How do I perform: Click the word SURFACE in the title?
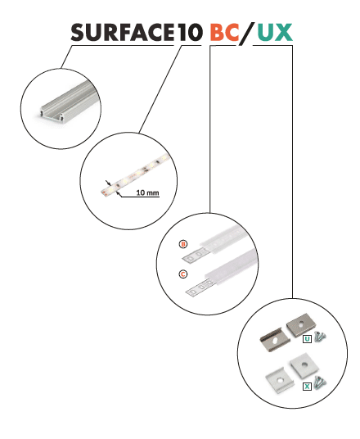click(122, 32)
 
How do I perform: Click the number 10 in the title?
click(190, 32)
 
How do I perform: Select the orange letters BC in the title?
click(224, 32)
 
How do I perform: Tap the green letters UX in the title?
click(275, 32)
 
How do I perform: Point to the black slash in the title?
click(247, 33)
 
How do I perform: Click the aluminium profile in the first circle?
click(66, 103)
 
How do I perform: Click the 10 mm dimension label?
click(147, 192)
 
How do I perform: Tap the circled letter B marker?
click(183, 244)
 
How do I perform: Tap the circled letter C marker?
click(183, 274)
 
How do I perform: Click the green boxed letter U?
click(307, 339)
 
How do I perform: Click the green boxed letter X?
click(307, 387)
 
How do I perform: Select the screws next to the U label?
click(320, 337)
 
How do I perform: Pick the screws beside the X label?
click(320, 382)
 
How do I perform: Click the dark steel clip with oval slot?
click(275, 340)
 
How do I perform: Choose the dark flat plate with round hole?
click(301, 325)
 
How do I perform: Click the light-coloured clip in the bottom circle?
click(280, 380)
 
